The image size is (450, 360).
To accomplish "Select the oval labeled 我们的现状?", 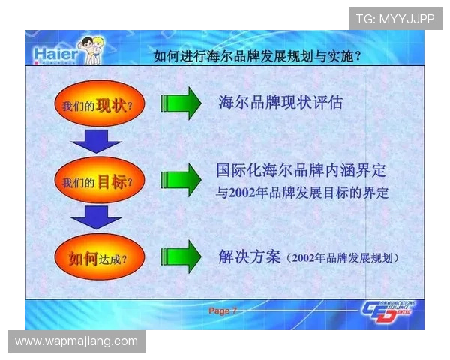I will click(x=98, y=106).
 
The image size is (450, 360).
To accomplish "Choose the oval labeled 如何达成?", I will click(x=98, y=259).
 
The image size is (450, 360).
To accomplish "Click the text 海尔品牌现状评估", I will click(x=280, y=102).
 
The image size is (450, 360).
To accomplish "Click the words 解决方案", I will click(x=249, y=257).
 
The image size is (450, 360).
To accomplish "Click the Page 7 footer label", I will click(x=223, y=310).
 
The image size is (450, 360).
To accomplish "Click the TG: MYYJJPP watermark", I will click(x=395, y=19).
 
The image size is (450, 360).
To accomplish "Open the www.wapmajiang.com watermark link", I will click(x=77, y=341).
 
